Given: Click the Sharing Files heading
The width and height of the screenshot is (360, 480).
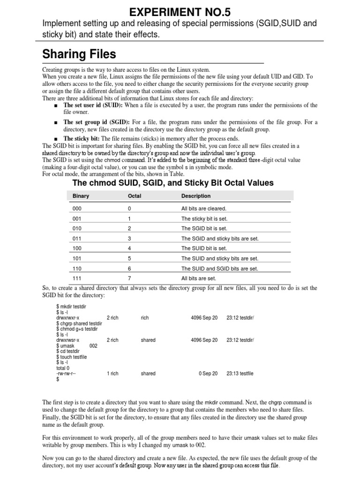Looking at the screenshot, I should click(79, 54).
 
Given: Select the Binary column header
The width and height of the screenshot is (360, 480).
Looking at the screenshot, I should click(81, 196).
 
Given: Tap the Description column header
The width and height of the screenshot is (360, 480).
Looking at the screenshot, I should click(196, 196).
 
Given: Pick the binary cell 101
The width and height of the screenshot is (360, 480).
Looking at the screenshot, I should click(77, 258).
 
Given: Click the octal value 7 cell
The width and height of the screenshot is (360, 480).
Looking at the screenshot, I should click(129, 278).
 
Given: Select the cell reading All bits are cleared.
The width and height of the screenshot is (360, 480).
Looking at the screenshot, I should click(203, 208).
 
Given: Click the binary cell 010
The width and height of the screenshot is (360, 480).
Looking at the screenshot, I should click(77, 228).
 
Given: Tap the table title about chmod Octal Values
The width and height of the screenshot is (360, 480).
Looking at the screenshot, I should click(172, 182).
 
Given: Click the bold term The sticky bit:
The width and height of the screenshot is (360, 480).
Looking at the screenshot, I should click(81, 139).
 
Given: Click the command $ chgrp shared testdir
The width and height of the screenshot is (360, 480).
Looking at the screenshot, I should click(79, 323).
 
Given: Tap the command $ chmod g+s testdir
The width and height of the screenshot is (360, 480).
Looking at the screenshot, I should click(77, 329).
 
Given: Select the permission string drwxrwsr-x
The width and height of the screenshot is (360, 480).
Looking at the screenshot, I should click(68, 340).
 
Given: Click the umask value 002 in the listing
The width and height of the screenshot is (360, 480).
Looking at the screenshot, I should click(93, 345).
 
